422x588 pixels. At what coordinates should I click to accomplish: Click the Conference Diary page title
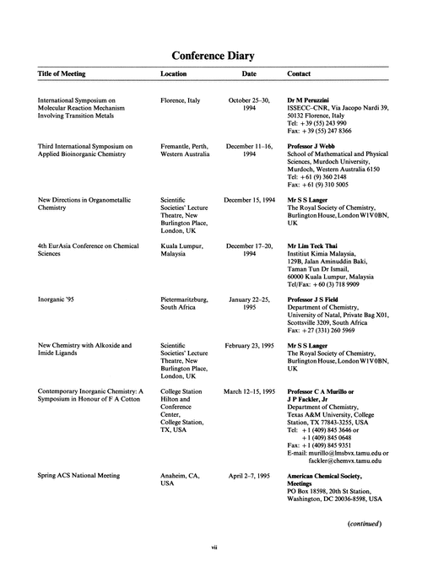214,56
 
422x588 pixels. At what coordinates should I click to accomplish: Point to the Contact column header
300,74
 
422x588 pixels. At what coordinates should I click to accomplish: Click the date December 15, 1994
249,201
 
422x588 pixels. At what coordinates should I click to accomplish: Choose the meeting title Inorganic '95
59,299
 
